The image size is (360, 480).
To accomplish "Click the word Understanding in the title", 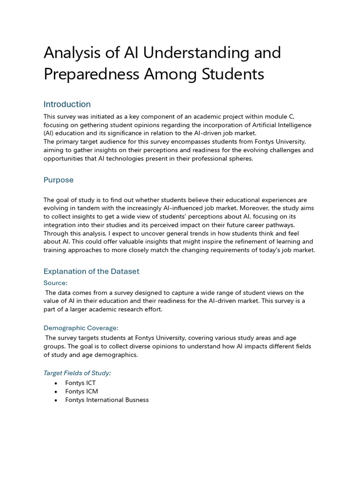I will point(192,53).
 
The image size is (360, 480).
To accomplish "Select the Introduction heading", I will point(67,104).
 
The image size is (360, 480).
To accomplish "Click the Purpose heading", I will point(59,180).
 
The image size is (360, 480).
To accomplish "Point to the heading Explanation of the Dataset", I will point(91,271).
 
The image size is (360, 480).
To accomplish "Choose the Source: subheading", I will point(55,283).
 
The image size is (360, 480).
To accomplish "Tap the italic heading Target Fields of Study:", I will point(77,373).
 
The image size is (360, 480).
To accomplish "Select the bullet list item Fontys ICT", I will point(80,383).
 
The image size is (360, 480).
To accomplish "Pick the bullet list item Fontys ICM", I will point(81,391).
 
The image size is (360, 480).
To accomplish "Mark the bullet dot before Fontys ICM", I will point(56,392).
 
